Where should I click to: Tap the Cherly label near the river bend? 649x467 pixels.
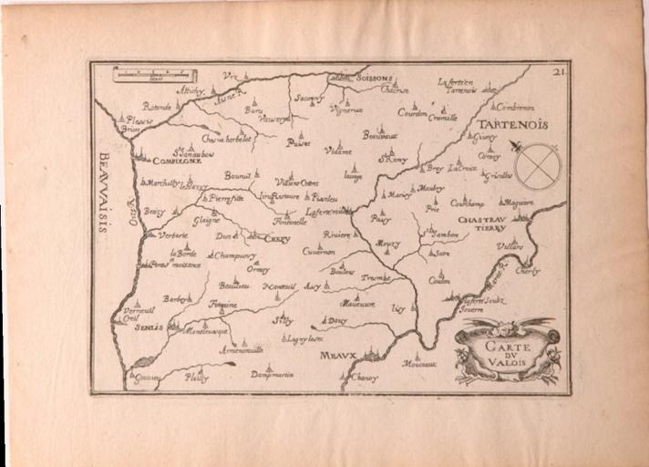click(x=527, y=271)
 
